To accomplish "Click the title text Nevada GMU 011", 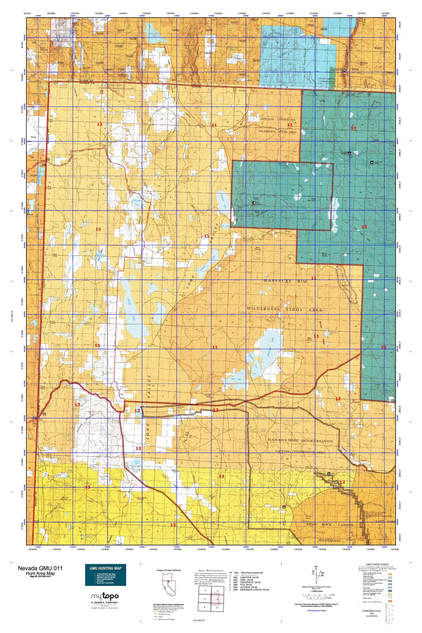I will (x=40, y=568).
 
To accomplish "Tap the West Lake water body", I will (x=236, y=379).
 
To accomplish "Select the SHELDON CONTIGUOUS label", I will (x=278, y=119).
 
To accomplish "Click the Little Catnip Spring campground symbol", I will (x=372, y=162).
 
